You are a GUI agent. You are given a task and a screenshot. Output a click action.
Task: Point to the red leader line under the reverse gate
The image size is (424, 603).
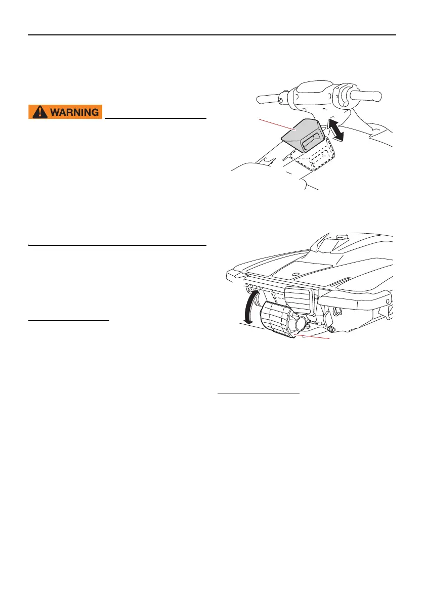pyautogui.click(x=314, y=336)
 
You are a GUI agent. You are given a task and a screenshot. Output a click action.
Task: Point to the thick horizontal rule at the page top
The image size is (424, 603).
pyautogui.click(x=211, y=34)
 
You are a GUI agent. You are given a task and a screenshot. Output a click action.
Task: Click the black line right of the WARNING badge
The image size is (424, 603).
pyautogui.click(x=156, y=118)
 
